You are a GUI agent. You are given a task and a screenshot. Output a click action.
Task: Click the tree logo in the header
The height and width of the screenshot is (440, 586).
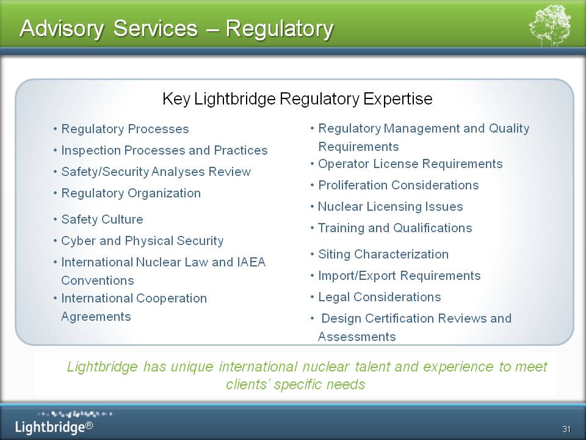click(x=550, y=25)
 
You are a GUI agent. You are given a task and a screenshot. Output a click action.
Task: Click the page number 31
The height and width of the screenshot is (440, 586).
click(x=566, y=429)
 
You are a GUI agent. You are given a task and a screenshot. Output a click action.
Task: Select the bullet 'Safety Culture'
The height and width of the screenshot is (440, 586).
click(x=102, y=219)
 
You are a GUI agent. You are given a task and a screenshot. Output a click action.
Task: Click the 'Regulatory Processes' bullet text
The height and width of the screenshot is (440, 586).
click(x=125, y=129)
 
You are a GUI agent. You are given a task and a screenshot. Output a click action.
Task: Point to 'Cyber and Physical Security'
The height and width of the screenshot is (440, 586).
click(x=142, y=241)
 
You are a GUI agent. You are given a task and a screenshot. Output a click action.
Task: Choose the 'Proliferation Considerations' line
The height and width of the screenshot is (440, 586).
click(x=399, y=185)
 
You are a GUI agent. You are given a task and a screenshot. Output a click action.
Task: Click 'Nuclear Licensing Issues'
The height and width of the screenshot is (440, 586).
click(x=390, y=207)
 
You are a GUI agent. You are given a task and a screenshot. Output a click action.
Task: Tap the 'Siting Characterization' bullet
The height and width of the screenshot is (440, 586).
click(x=383, y=254)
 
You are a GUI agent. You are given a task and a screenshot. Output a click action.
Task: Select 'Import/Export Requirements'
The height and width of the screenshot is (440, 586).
click(x=399, y=276)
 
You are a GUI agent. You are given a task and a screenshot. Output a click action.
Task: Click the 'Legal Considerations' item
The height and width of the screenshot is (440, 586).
click(x=379, y=297)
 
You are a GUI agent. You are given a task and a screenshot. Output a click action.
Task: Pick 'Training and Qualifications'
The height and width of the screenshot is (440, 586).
click(x=395, y=228)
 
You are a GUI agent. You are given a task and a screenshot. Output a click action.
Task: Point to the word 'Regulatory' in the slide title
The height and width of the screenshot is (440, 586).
click(x=279, y=29)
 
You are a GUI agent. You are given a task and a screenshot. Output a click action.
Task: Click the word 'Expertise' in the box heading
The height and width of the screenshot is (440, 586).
click(x=397, y=99)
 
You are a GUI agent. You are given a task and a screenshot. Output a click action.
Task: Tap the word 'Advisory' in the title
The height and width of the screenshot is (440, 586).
click(x=62, y=29)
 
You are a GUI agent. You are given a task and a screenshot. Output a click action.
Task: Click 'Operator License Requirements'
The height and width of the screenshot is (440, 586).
click(x=410, y=164)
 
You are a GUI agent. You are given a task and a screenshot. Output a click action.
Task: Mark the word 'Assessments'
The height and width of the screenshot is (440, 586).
click(x=356, y=337)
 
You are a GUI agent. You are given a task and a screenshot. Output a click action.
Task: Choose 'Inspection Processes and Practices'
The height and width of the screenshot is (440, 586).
click(x=164, y=150)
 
